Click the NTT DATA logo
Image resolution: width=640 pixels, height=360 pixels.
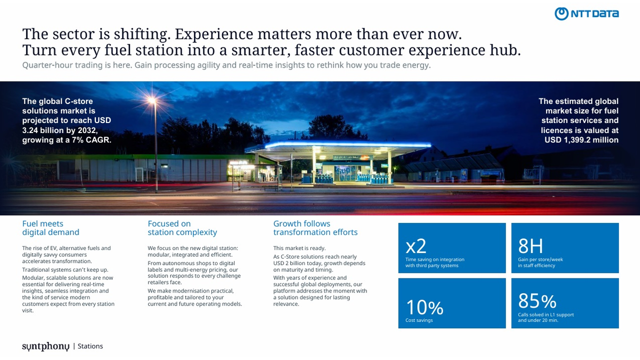pos(586,13)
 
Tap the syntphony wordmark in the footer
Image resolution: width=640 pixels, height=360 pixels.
pos(45,346)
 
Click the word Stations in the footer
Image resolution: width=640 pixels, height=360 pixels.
pos(90,346)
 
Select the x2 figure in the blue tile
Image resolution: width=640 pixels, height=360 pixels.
pos(416,246)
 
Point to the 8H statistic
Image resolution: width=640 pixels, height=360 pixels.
pos(530,245)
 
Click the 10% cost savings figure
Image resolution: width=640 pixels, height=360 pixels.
pos(424,307)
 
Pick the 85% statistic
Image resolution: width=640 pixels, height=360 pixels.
pos(537,301)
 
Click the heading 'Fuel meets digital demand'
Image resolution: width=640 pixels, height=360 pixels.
pos(51,227)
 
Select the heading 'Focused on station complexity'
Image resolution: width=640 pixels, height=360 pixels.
pos(182,227)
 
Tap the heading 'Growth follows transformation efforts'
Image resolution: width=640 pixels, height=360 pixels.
pos(315,227)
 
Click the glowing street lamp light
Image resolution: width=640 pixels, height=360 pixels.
pos(152,100)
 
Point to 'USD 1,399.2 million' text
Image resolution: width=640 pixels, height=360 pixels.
pos(581,139)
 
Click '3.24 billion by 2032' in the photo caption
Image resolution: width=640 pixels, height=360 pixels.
pos(60,130)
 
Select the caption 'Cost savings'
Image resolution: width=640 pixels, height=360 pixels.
pos(419,320)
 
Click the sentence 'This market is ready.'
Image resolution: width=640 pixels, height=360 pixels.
pos(299,248)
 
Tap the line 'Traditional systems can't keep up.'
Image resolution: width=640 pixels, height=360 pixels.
pos(65,269)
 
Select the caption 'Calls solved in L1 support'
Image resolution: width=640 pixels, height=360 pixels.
pos(545,314)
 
